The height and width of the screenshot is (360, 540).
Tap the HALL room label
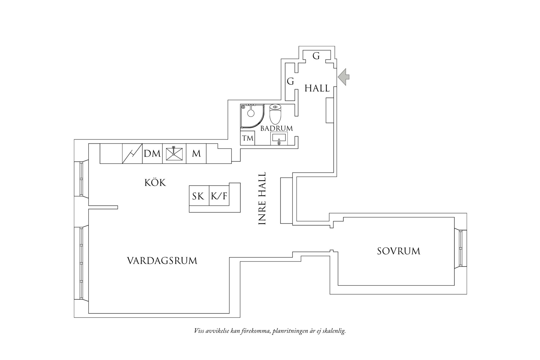click(317, 88)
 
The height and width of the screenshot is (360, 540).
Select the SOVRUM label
click(399, 251)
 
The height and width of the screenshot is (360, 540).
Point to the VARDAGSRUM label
click(162, 261)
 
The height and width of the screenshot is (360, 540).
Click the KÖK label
click(155, 183)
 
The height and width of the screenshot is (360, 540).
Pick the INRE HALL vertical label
click(262, 199)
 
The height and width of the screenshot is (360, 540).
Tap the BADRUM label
click(276, 128)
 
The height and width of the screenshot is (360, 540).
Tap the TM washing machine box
click(248, 138)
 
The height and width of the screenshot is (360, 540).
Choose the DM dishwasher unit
click(152, 153)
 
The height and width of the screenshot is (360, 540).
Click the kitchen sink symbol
click(174, 153)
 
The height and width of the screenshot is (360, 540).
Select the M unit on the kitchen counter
click(196, 153)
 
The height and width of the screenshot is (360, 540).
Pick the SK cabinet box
click(199, 196)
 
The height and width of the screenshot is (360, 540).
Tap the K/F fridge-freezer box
click(219, 196)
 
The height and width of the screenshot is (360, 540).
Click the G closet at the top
click(316, 56)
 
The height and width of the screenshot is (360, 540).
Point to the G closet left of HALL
click(290, 81)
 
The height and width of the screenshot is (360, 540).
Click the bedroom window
click(461, 248)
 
